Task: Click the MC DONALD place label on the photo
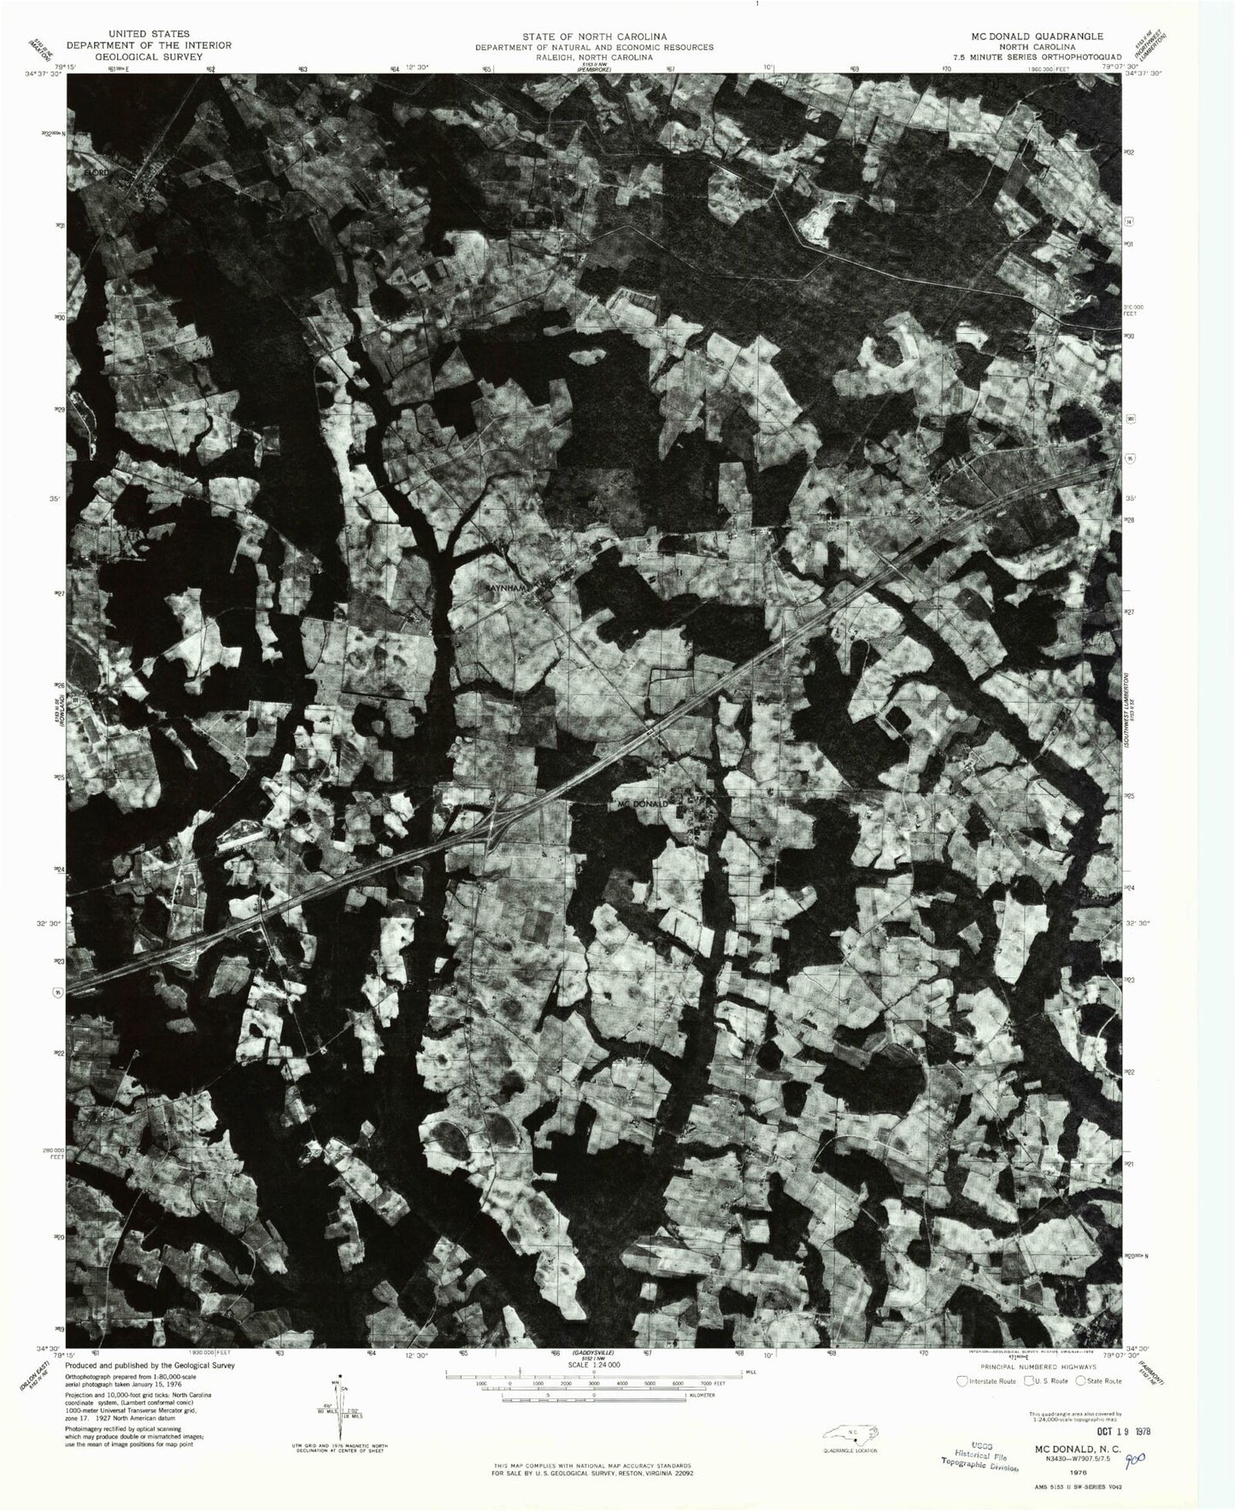point(644,804)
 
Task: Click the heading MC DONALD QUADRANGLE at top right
point(1036,37)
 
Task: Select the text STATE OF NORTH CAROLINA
point(595,37)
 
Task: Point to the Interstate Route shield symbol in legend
point(962,1380)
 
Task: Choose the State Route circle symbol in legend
point(1080,1380)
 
